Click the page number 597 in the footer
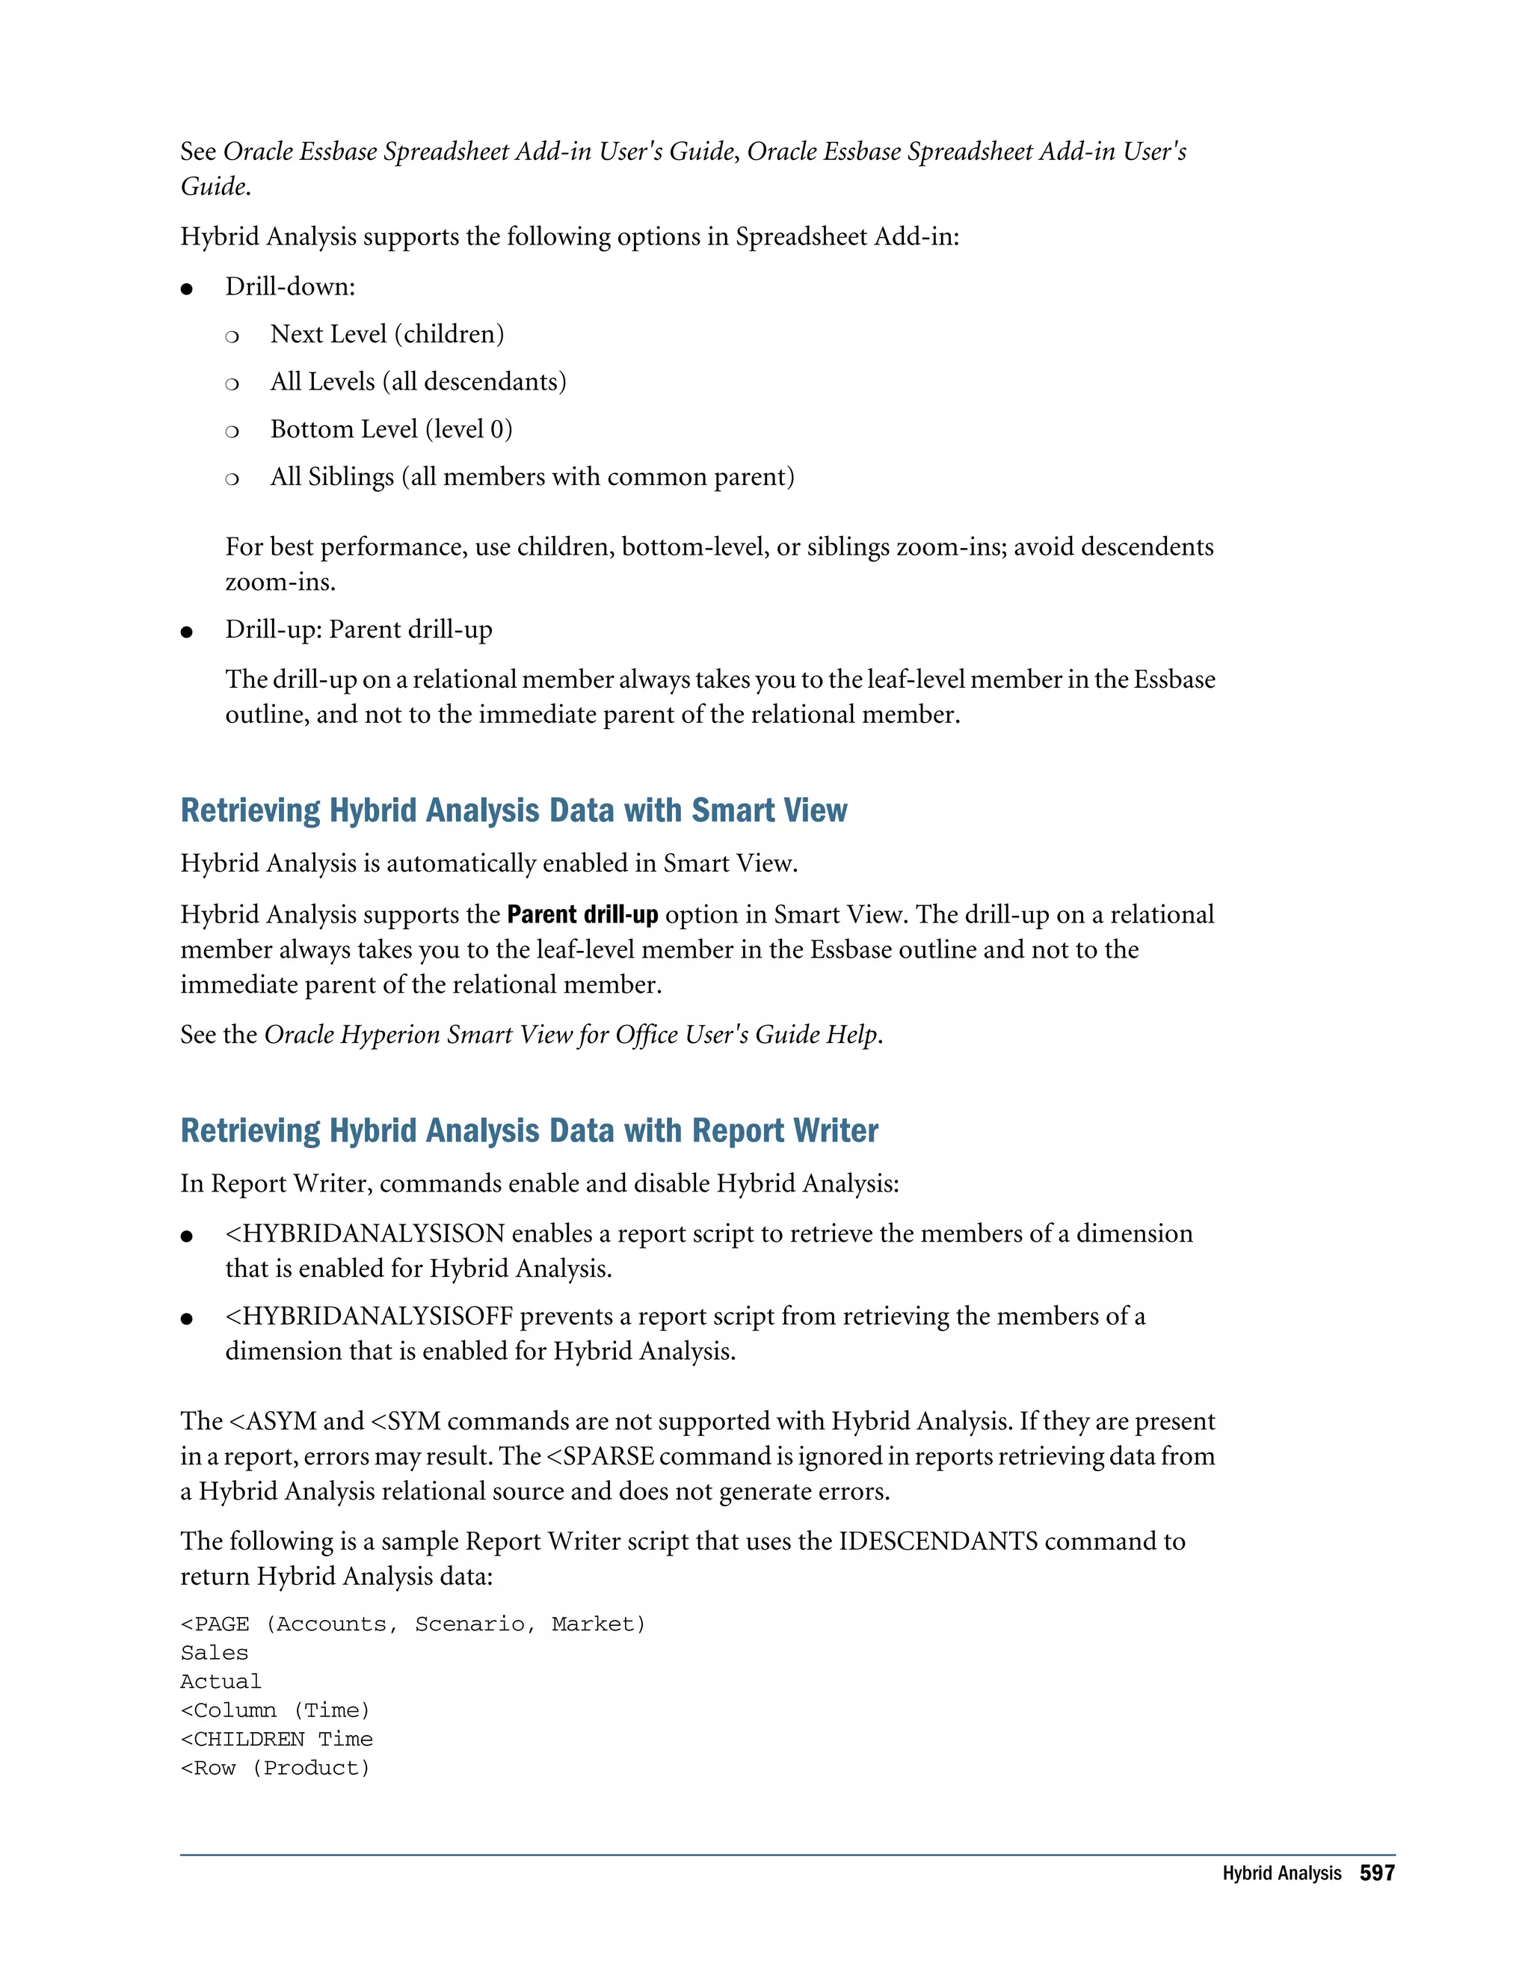[1376, 1873]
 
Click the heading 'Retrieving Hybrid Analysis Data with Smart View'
[514, 810]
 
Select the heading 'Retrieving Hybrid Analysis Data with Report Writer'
[529, 1130]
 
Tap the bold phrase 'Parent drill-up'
[582, 914]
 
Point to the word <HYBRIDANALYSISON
[365, 1233]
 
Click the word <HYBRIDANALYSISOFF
[369, 1316]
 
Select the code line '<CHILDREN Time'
[277, 1739]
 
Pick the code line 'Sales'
[214, 1653]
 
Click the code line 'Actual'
[221, 1682]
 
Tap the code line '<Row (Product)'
[275, 1768]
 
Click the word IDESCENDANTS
[938, 1541]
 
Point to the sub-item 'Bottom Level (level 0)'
[391, 429]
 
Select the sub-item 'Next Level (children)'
[386, 334]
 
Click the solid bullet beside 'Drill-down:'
[187, 289]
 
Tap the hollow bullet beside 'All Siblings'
[232, 479]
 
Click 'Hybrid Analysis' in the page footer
[1281, 1874]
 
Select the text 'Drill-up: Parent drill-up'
[358, 629]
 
